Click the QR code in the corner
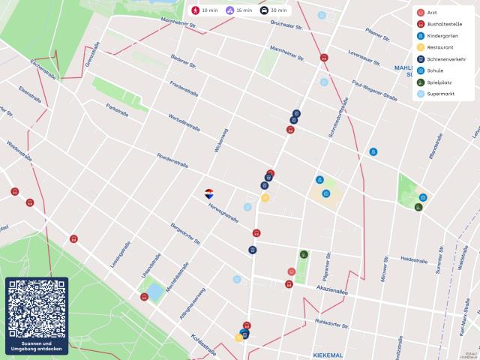click(37, 309)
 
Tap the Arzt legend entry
click(433, 13)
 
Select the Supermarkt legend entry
click(440, 94)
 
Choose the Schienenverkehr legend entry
click(445, 59)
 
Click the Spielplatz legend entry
click(439, 82)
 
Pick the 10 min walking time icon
click(205, 10)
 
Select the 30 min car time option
click(274, 10)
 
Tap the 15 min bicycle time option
click(239, 10)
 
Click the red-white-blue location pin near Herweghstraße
click(210, 193)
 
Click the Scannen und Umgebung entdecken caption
click(37, 346)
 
